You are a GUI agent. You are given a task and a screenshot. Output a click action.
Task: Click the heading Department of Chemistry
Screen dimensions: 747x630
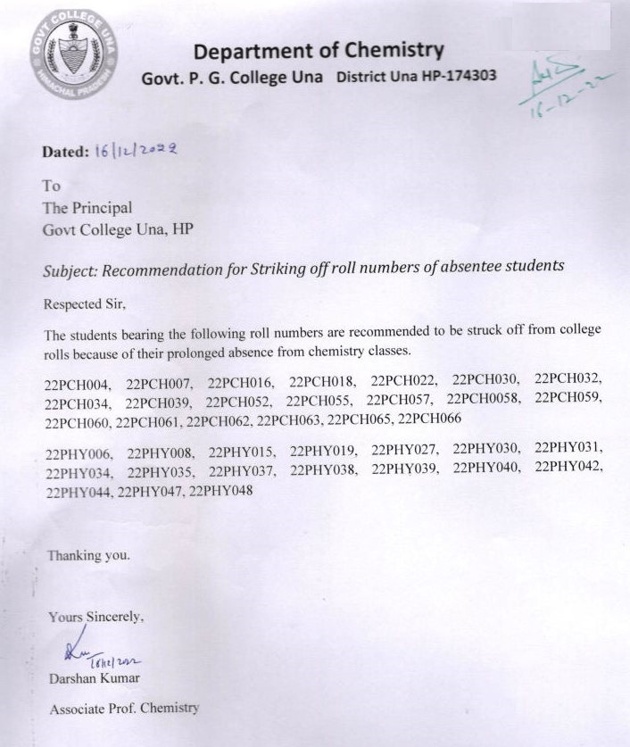(319, 51)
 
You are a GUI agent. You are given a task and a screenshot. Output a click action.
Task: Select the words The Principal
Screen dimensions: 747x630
(87, 207)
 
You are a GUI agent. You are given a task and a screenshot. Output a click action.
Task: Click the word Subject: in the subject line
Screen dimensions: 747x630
(70, 268)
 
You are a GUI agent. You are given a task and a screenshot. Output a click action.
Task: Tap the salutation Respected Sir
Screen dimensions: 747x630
(86, 303)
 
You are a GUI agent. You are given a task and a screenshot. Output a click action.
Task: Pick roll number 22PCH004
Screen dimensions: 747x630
(77, 386)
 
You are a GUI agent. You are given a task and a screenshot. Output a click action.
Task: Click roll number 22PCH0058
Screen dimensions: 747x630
(484, 399)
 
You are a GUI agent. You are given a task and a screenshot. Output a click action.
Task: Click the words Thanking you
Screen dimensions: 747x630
(88, 555)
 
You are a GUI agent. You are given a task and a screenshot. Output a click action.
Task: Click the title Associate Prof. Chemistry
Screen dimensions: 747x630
(124, 709)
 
